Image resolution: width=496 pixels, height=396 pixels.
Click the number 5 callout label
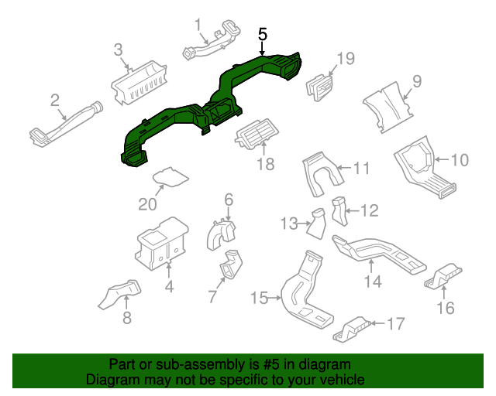click(x=263, y=35)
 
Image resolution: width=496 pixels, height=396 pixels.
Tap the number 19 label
click(x=345, y=59)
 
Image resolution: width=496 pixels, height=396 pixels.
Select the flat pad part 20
click(x=170, y=178)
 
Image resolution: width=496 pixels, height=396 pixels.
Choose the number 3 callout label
click(x=119, y=50)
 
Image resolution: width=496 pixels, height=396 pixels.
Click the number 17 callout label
click(x=395, y=324)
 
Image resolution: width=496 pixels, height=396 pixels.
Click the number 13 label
click(x=289, y=224)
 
